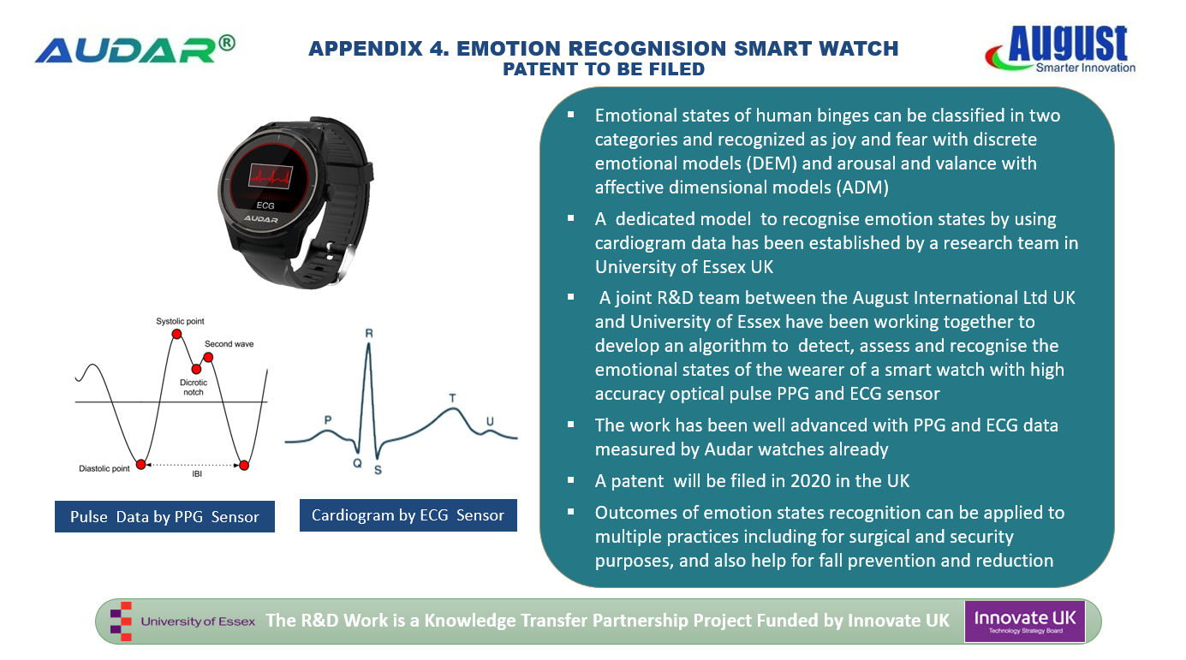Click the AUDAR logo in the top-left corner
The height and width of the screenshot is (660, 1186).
pyautogui.click(x=135, y=50)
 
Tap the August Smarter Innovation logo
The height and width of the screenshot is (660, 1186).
pyautogui.click(x=1060, y=49)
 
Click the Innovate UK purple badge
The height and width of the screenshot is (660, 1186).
pyautogui.click(x=1024, y=621)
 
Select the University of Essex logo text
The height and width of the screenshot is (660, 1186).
pyautogui.click(x=198, y=621)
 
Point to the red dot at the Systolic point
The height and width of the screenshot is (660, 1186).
pyautogui.click(x=177, y=334)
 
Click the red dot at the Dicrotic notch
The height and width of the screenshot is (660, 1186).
pyautogui.click(x=196, y=369)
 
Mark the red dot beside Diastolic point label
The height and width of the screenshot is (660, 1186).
pyautogui.click(x=140, y=464)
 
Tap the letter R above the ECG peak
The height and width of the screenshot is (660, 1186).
pyautogui.click(x=369, y=333)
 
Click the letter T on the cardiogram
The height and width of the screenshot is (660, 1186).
pyautogui.click(x=452, y=397)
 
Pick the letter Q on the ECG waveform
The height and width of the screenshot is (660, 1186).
pyautogui.click(x=357, y=463)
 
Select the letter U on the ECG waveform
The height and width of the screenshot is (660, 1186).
pyautogui.click(x=490, y=421)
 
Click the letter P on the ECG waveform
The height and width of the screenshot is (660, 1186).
pyautogui.click(x=328, y=419)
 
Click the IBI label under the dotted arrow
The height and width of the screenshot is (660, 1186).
pyautogui.click(x=197, y=474)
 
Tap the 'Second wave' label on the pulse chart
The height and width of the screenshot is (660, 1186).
pyautogui.click(x=229, y=344)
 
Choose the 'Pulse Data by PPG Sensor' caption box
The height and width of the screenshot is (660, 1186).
pyautogui.click(x=164, y=516)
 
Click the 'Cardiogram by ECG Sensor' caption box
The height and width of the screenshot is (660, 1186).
pyautogui.click(x=408, y=515)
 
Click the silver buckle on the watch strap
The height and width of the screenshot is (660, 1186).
pyautogui.click(x=341, y=259)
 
